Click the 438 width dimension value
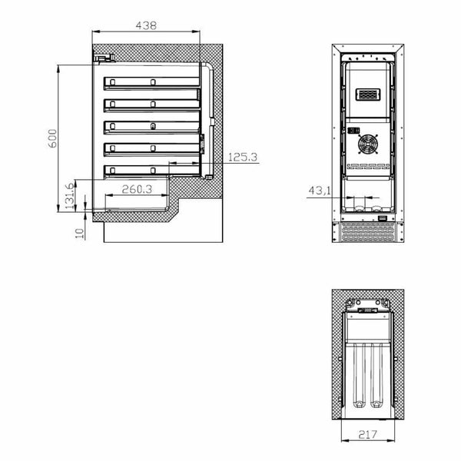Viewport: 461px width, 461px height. [x=145, y=25]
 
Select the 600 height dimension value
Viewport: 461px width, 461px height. [x=52, y=138]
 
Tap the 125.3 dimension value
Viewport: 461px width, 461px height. [x=242, y=158]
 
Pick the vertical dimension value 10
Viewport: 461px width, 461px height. [x=80, y=232]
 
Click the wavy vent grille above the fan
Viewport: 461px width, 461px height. [x=369, y=96]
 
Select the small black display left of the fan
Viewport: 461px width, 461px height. [x=353, y=130]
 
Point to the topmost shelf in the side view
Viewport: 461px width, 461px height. [x=152, y=82]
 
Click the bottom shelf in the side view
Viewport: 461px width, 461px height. [x=152, y=168]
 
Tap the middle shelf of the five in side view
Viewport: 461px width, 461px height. [x=152, y=125]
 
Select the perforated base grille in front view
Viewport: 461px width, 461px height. [x=366, y=231]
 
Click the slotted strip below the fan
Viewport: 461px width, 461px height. [x=369, y=165]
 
